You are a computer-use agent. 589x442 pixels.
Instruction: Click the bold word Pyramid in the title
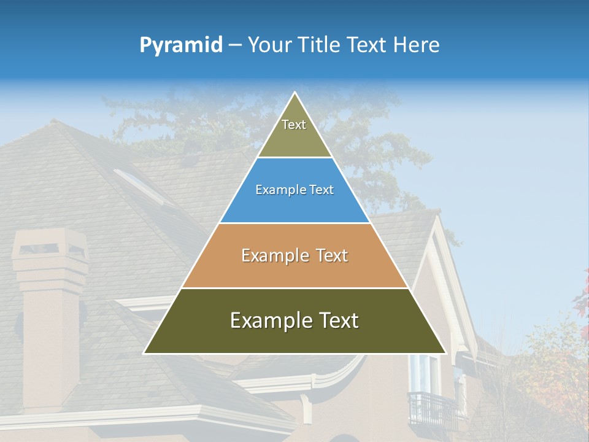(x=180, y=45)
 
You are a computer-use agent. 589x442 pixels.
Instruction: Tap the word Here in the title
(x=416, y=45)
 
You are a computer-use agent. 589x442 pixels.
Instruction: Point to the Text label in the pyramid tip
(x=294, y=125)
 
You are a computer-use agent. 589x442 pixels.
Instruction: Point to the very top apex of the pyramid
(x=294, y=93)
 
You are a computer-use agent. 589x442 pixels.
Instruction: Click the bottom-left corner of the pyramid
(x=145, y=352)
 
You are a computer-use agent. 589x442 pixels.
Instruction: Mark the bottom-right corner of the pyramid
(x=445, y=352)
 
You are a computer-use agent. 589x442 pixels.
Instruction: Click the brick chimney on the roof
(x=49, y=307)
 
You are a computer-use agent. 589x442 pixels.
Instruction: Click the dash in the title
(x=235, y=45)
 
